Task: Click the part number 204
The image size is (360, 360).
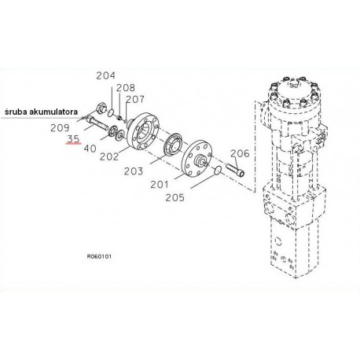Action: coord(105,75)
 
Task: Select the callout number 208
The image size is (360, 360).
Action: coord(126,87)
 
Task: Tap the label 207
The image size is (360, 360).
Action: coord(135,99)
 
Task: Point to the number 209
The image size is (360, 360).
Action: coord(60,128)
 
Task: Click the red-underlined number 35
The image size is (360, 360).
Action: coord(74,138)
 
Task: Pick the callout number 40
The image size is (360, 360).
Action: coord(90,149)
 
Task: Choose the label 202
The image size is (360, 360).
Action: coord(109,156)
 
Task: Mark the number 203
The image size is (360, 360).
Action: coord(134,171)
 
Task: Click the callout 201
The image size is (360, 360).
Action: coord(160,185)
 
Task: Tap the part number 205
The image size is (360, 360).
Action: coord(174,197)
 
